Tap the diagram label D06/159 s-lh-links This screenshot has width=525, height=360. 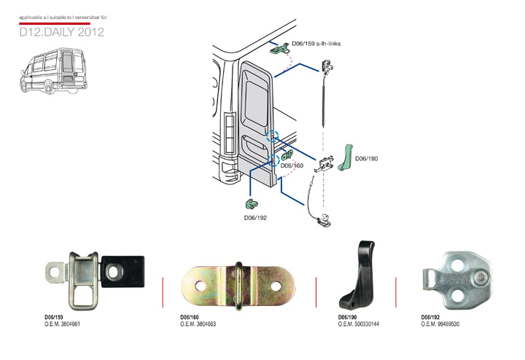pos(316,44)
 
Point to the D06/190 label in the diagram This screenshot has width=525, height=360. pos(367,158)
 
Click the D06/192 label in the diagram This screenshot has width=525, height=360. pos(256,216)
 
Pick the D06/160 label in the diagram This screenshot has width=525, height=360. pos(292,166)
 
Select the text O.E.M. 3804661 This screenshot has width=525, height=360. pos(62,324)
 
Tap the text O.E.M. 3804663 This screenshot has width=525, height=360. pos(198,324)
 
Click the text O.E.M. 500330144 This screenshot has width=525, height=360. pos(359,324)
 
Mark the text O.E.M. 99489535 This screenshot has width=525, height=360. pos(440,324)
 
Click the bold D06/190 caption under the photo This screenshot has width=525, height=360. pos(348,318)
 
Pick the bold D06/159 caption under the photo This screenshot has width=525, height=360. pos(53,318)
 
